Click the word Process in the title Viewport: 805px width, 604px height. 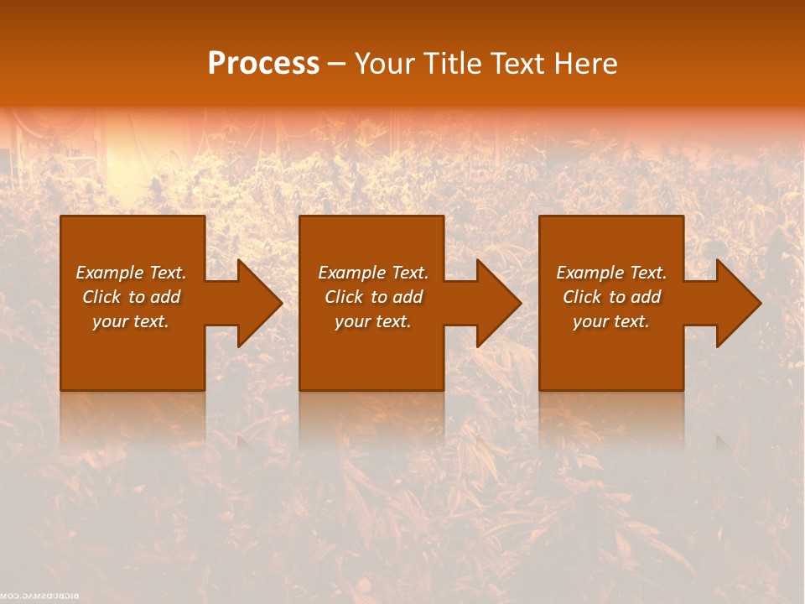[x=263, y=64]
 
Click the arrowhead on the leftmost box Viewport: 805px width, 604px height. [x=257, y=303]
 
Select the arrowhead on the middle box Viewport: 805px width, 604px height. [x=496, y=303]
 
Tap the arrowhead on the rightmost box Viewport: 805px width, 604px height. [x=735, y=303]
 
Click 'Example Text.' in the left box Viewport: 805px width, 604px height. [x=131, y=273]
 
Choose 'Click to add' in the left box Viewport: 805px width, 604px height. [x=131, y=297]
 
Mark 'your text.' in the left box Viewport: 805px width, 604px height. [x=131, y=321]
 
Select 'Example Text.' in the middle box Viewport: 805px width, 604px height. [x=373, y=273]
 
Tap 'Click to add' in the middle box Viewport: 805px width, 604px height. [x=373, y=297]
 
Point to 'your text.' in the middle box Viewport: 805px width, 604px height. [x=373, y=321]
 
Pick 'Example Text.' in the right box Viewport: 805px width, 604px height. [x=611, y=273]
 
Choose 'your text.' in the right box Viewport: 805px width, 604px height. [x=611, y=321]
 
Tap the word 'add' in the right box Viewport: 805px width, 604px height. [x=646, y=297]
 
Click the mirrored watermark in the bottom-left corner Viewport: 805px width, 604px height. [x=41, y=596]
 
